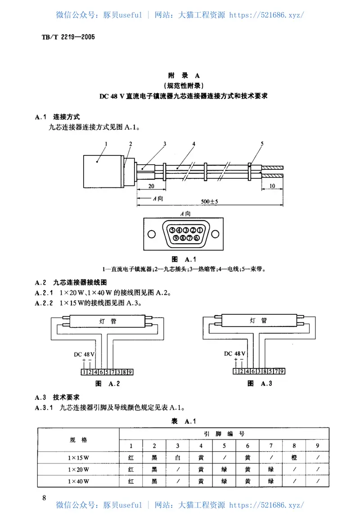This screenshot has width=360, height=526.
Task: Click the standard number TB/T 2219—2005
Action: pyautogui.click(x=65, y=37)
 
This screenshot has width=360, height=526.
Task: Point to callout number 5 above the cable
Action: pyautogui.click(x=261, y=144)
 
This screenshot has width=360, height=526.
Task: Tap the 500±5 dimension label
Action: pyautogui.click(x=210, y=202)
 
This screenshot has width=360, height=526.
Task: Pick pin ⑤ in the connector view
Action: pyautogui.click(x=172, y=230)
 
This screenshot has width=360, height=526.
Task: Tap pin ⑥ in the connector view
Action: pyautogui.click(x=197, y=238)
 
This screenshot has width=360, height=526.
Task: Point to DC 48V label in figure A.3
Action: pyautogui.click(x=234, y=354)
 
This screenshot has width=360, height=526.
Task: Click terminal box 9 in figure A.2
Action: pyautogui.click(x=130, y=372)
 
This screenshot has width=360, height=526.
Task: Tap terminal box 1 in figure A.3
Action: pyautogui.click(x=236, y=372)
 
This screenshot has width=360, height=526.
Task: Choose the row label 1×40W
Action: pyautogui.click(x=78, y=481)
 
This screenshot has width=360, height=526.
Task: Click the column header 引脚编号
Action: pyautogui.click(x=224, y=434)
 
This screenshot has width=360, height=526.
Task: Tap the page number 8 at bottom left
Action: pyautogui.click(x=44, y=498)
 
